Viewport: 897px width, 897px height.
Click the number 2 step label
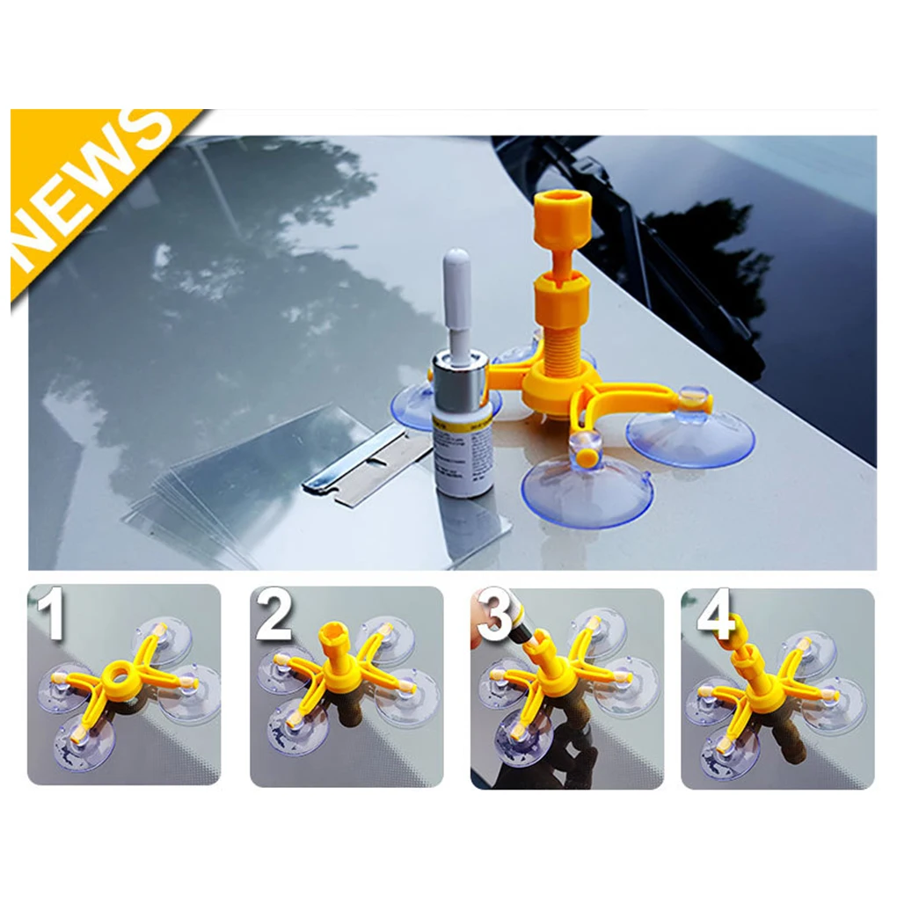click(273, 615)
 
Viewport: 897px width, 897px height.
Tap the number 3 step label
click(496, 615)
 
